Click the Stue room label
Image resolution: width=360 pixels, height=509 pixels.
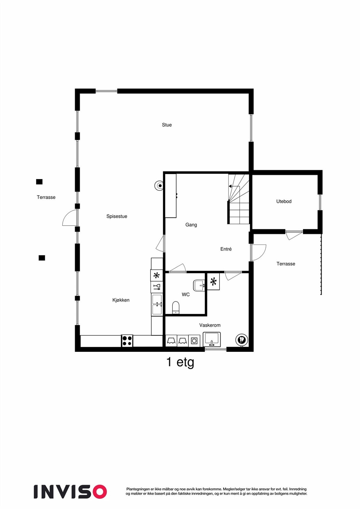[x=167, y=125]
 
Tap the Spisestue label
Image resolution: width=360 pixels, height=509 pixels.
[x=117, y=216]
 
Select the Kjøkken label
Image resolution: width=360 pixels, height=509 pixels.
[x=121, y=300]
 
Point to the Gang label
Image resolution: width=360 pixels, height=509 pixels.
[x=191, y=225]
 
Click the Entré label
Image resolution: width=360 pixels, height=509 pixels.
[x=226, y=249]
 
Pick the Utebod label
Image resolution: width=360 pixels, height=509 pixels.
[x=284, y=201]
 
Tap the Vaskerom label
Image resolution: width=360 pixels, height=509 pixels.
[x=210, y=325]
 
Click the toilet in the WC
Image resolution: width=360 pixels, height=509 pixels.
[x=176, y=308]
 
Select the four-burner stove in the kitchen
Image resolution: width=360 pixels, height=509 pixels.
[x=127, y=341]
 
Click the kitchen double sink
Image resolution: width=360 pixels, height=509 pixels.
[x=157, y=304]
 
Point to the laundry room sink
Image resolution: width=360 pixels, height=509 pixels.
[x=212, y=339]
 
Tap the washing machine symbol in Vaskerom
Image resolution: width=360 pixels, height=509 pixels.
[x=194, y=341]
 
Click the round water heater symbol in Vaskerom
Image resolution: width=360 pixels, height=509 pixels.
[x=241, y=339]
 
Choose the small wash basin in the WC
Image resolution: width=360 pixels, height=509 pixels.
[x=199, y=285]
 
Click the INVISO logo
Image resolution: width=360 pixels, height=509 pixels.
[x=70, y=492]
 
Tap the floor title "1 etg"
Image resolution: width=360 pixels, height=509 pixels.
[x=180, y=362]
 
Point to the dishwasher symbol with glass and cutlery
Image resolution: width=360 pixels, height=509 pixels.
[x=157, y=287]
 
